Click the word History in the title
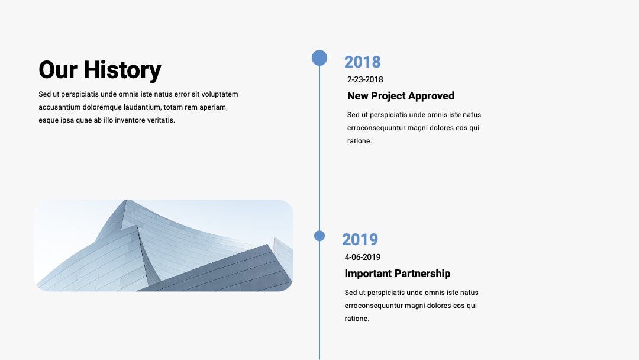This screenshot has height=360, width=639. point(122,70)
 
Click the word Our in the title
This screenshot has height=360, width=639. point(58,70)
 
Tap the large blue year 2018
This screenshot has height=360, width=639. point(362,62)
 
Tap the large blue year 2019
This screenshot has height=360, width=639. point(360,240)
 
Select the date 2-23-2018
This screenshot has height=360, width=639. point(365,79)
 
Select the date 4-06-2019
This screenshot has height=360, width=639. point(363,257)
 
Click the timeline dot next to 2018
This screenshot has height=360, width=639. point(319,58)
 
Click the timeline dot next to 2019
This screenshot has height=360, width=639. point(319,236)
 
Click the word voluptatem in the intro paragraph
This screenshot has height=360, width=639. point(220,94)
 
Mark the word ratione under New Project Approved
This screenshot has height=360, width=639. point(360,141)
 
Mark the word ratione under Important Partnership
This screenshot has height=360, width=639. point(357,319)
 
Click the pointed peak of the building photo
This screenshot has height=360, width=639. point(125,201)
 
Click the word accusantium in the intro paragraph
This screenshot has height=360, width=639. point(60,107)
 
